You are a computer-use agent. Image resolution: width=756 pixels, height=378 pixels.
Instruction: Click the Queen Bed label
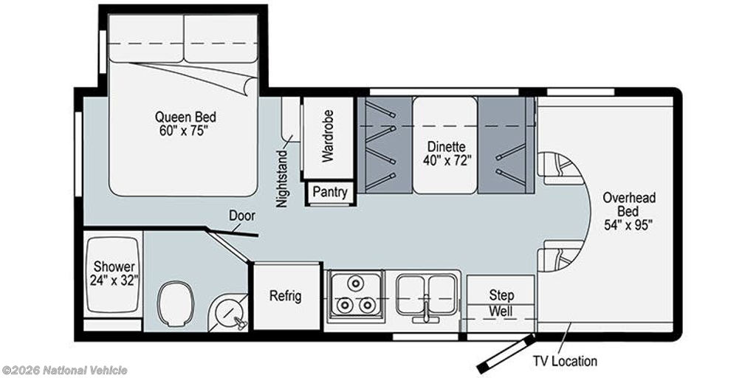pyautogui.click(x=185, y=123)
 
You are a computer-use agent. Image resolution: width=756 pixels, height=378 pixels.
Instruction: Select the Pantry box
pyautogui.click(x=330, y=193)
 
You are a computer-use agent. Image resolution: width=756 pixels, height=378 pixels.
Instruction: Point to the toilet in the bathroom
pyautogui.click(x=176, y=302)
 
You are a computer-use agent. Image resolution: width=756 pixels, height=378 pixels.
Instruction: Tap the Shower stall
pyautogui.click(x=114, y=273)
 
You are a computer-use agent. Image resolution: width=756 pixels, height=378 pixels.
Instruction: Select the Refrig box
pyautogui.click(x=287, y=296)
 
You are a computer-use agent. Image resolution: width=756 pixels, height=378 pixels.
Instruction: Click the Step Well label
pyautogui.click(x=501, y=302)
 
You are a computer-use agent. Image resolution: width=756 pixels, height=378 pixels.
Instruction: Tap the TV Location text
pyautogui.click(x=565, y=361)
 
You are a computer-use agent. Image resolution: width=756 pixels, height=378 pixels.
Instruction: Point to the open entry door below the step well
pyautogui.click(x=506, y=354)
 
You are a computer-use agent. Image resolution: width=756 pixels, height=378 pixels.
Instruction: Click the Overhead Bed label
pyautogui.click(x=629, y=210)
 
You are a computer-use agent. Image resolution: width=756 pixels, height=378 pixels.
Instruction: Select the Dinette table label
pyautogui.click(x=447, y=153)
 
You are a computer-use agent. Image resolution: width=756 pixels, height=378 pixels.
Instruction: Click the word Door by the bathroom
pyautogui.click(x=241, y=216)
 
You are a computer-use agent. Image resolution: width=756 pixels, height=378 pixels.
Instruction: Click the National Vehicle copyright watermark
pyautogui.click(x=65, y=371)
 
